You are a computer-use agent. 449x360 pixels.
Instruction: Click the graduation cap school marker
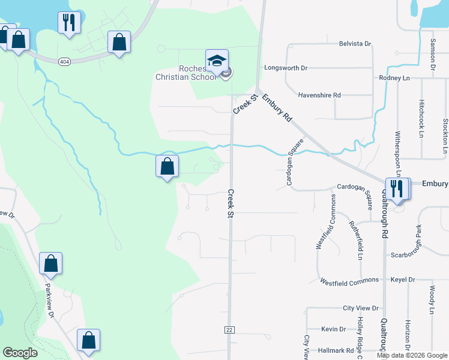coord(217,61)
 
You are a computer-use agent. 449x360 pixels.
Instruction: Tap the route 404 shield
coord(64,61)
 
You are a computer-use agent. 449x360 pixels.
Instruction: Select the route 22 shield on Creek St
coord(229,330)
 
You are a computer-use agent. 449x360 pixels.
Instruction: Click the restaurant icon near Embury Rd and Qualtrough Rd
coord(397,188)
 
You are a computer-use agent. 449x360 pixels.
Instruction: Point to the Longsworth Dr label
coord(286,68)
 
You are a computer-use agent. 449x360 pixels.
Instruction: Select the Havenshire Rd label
coord(319,95)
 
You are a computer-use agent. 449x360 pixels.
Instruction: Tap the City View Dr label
coord(361,308)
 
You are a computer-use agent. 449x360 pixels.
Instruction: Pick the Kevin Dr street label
coord(333,329)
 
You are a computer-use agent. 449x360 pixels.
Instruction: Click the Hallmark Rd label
coord(337,350)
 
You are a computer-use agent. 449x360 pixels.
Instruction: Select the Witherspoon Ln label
coord(397,154)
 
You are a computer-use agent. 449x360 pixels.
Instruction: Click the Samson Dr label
coord(433,55)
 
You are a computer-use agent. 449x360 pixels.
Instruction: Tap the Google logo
coord(20,352)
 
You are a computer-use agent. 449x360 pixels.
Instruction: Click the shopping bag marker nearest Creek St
coord(167,166)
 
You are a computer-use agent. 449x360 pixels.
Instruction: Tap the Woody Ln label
coord(432,300)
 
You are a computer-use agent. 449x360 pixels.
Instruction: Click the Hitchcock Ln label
coord(421,119)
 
